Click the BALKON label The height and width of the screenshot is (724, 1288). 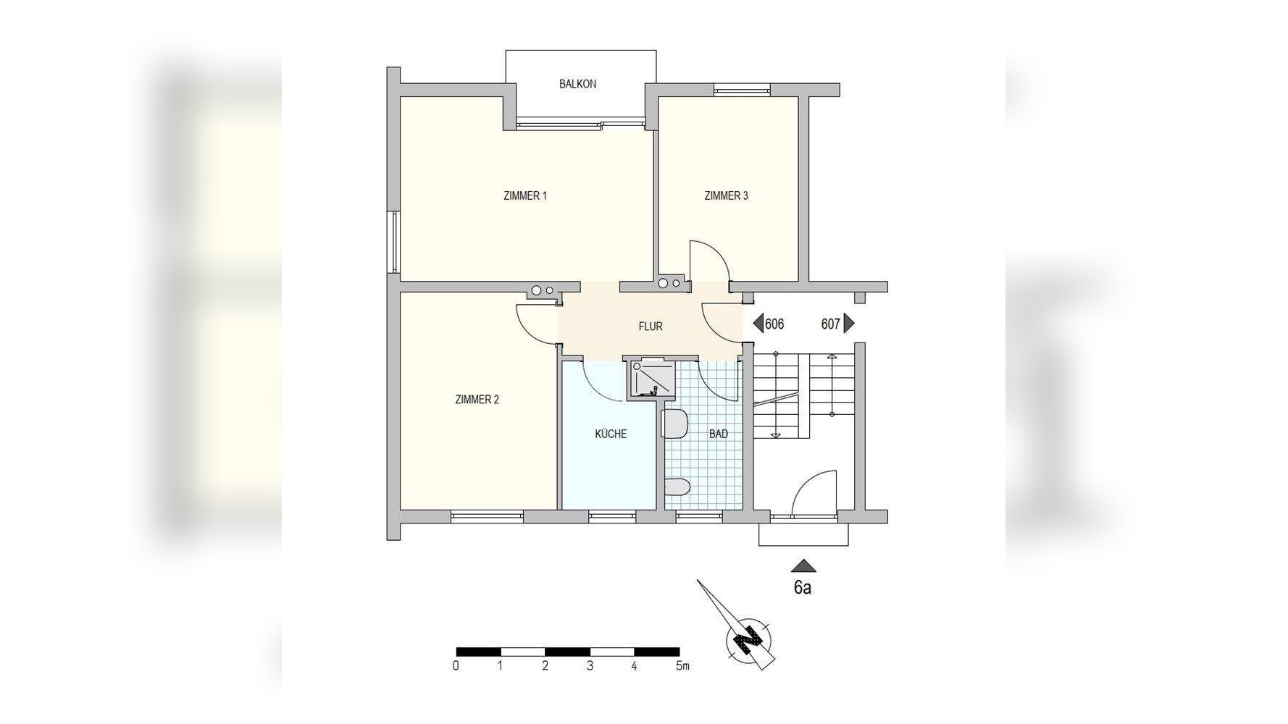[x=577, y=84]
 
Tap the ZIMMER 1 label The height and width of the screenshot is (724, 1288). [x=524, y=195]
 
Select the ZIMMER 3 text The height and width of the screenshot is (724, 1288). [x=726, y=195]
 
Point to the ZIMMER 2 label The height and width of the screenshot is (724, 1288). [x=477, y=400]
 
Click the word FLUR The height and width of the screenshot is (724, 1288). [x=650, y=327]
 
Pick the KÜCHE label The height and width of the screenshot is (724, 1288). [x=610, y=434]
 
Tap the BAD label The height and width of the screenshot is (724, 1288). [x=718, y=434]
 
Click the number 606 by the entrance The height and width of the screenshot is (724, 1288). [x=774, y=324]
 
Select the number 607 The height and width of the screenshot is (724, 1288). [x=830, y=324]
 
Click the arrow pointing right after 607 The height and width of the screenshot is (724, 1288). [x=849, y=324]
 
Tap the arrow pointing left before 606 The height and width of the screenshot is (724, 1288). [x=758, y=324]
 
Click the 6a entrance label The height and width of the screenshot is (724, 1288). [x=802, y=588]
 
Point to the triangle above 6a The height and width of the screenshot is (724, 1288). [x=803, y=566]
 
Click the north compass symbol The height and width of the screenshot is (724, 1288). [x=749, y=640]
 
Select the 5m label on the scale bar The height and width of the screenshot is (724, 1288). [x=682, y=666]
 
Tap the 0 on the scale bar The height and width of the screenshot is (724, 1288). [x=456, y=666]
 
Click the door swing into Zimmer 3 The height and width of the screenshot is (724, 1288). [x=706, y=261]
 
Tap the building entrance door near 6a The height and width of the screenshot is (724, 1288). [x=813, y=494]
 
